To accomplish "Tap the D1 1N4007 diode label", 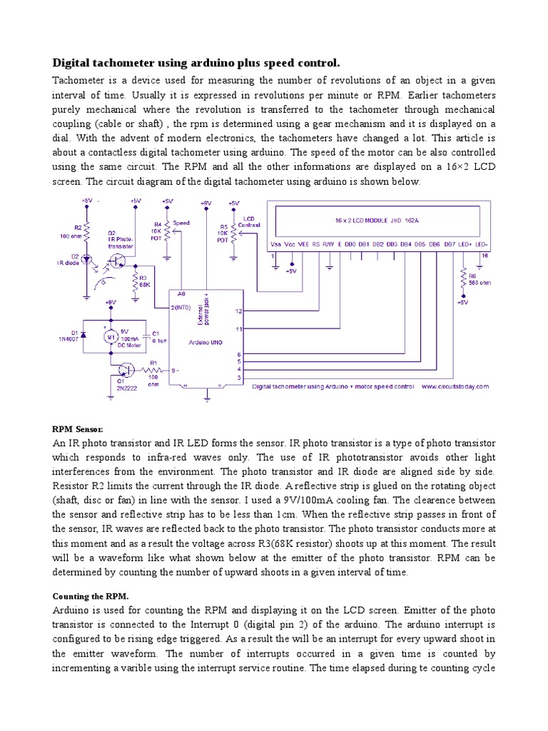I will coord(68,336).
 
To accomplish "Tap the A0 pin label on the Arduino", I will coord(181,293).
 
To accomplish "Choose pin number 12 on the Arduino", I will coord(238,311).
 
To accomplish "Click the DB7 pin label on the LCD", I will coord(450,244).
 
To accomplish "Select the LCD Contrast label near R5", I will coord(251,221).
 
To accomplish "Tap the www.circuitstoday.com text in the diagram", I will coord(455,386).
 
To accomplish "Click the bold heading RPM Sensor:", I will coord(78,429).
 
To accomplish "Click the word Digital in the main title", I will coord(75,64).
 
